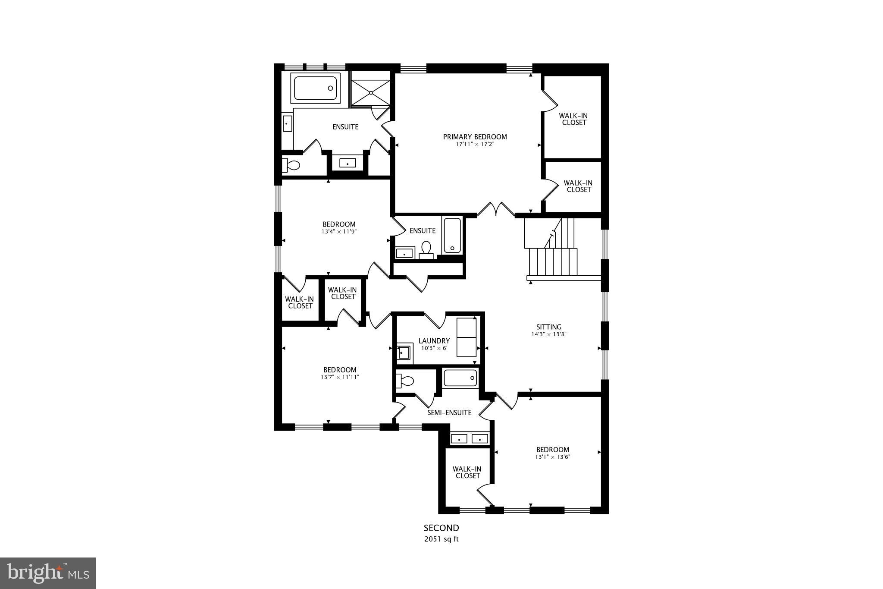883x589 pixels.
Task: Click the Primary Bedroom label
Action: click(x=475, y=137)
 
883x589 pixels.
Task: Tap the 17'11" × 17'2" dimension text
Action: click(x=475, y=145)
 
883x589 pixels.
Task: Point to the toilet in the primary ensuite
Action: click(x=291, y=165)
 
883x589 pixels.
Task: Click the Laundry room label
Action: click(x=434, y=341)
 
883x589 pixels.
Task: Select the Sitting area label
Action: click(x=548, y=327)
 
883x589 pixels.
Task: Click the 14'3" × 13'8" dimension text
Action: click(x=548, y=334)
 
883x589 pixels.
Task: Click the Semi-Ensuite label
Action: click(x=449, y=413)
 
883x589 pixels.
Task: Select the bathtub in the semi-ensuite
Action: click(x=460, y=378)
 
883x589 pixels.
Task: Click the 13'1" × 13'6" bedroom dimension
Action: click(x=552, y=457)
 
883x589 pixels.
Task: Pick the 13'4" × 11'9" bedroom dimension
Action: click(x=339, y=231)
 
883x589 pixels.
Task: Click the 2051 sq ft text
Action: click(x=441, y=539)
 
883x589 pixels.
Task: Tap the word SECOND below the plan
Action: click(x=441, y=528)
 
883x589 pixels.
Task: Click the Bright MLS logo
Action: click(x=48, y=573)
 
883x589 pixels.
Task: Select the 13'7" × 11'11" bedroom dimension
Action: click(x=340, y=377)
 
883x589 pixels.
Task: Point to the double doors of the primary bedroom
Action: click(x=496, y=210)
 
